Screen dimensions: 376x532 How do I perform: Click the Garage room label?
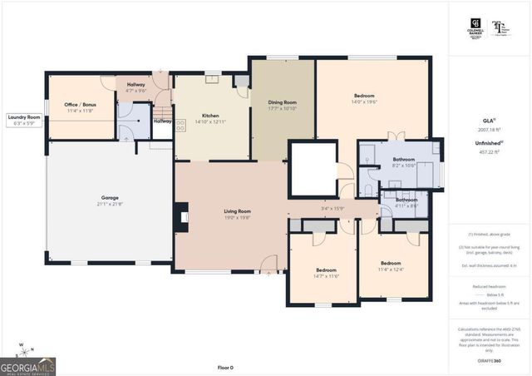pos(105,197)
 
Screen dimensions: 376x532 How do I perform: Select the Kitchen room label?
pos(210,116)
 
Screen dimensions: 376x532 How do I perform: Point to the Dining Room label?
pos(283,102)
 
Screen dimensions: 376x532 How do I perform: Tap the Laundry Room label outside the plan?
pos(24,117)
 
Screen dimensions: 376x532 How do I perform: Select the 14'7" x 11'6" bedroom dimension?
pos(326,275)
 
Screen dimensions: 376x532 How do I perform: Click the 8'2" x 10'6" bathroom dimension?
pos(404,165)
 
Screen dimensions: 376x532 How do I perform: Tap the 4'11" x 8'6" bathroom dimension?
pos(406,205)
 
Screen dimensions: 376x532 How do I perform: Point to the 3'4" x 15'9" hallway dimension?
pos(332,208)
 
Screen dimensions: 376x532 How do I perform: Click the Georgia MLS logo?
pos(28,365)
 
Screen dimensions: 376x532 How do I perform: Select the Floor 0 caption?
pos(225,367)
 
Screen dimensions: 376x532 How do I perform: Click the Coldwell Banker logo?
pos(475,27)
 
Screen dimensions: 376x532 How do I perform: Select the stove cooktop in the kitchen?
pos(180,126)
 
